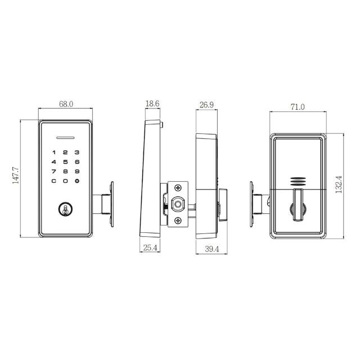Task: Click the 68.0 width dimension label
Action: [x=66, y=104]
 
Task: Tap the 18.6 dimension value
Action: [x=152, y=104]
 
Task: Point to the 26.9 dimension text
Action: [x=206, y=104]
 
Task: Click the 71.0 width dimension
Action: [x=298, y=107]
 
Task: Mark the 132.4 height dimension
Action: [x=339, y=184]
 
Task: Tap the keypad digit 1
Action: [x=54, y=152]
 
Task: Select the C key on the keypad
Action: [x=54, y=181]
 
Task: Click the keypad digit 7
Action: [x=54, y=171]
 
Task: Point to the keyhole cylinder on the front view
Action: [x=65, y=210]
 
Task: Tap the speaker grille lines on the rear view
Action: [x=298, y=182]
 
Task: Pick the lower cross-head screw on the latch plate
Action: [x=178, y=220]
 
